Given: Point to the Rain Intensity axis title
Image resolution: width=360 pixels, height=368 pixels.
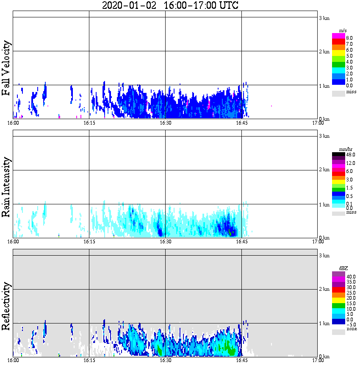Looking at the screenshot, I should point(6,187).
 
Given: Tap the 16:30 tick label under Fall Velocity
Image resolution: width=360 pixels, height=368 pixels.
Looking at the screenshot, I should point(165,123).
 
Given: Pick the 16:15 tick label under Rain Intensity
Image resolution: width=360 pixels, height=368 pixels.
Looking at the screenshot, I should point(89,242).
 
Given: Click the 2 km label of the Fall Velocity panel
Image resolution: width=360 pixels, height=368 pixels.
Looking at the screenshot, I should point(324,52).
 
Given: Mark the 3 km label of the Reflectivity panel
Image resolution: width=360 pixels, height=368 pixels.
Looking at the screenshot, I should point(324,256).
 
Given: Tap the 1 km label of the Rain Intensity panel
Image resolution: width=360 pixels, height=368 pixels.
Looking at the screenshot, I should point(324,205).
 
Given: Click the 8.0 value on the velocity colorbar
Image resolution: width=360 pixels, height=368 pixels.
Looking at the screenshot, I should point(349,38).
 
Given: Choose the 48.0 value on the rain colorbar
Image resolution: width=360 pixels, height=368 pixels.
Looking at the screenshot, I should point(350,155).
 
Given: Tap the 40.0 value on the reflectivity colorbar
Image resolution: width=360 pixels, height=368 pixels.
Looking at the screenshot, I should point(351,276).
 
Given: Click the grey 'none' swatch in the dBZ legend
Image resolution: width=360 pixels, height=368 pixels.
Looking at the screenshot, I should point(338,332).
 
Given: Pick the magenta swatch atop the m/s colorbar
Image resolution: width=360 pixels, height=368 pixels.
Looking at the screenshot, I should point(338,36).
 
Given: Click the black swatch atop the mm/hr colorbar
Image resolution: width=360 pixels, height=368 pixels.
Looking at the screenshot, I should point(338,154).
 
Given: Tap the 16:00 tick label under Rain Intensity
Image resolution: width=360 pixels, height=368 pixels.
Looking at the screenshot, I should point(13,242).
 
